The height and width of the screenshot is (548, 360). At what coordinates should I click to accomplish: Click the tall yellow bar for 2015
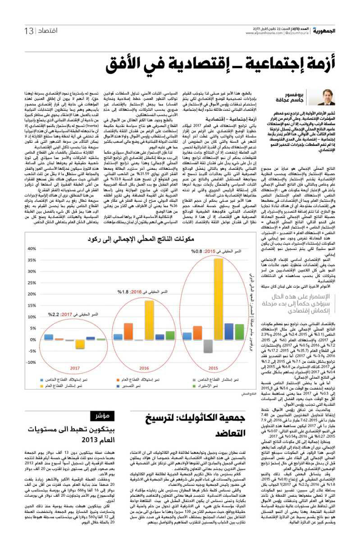pos(218,298)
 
